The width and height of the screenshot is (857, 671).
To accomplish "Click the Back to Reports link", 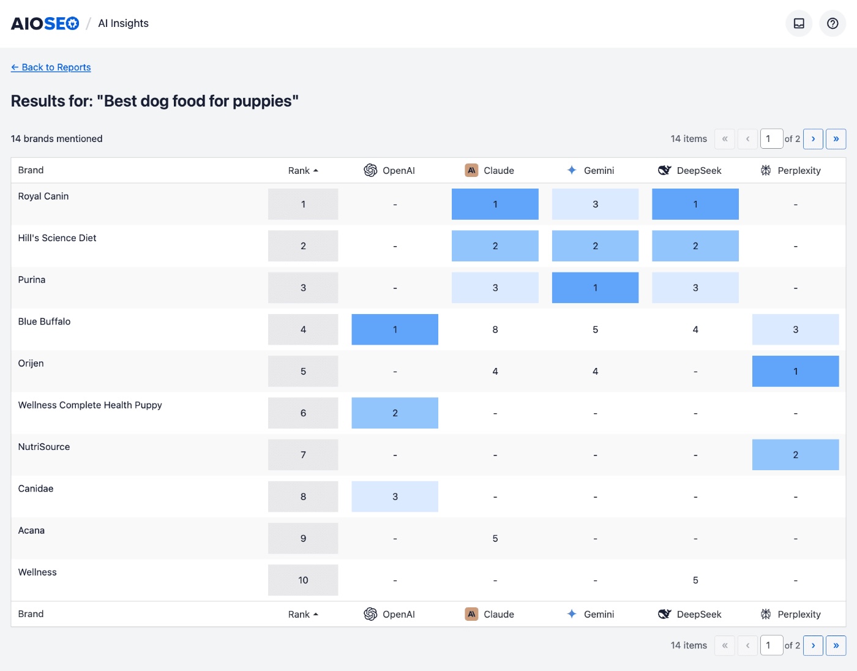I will coord(51,67).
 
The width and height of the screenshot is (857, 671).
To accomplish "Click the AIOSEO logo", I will coord(45,23).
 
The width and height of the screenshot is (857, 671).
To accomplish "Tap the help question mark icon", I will coord(833,23).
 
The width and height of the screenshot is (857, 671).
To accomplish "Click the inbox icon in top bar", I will coord(799,23).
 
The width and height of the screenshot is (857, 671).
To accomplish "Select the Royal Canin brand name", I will coord(43,197).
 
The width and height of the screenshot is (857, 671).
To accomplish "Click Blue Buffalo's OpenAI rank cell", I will coord(395,329).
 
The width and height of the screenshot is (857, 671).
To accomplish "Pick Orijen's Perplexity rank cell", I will coord(795,371).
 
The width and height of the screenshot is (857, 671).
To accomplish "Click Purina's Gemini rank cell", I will coord(595,288).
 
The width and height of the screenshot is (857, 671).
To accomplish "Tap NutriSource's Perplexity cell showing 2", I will coord(795,455).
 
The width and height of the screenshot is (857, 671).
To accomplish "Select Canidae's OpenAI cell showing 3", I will coord(395,497).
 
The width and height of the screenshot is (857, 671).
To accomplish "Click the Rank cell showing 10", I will coord(303,580).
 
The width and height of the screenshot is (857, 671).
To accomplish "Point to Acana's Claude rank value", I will coord(495,539).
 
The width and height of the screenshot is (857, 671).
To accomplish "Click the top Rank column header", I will coord(303,171).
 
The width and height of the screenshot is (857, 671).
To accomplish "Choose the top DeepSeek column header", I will coord(690,171).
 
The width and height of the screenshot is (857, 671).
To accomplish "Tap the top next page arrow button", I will coord(813,139).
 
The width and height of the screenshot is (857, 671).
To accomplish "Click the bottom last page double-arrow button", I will coord(836,645).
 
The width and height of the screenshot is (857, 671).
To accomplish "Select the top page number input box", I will coord(771,139).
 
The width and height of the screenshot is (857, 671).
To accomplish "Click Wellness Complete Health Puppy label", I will coord(90,405).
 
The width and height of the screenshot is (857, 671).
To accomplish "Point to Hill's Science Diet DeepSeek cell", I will coord(695,246).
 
